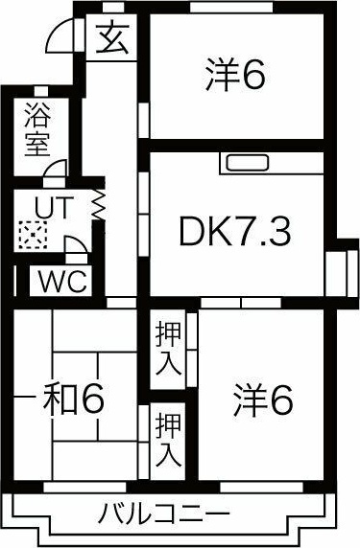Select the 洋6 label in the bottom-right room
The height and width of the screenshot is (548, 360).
click(x=260, y=400)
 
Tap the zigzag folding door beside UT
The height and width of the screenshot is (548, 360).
click(x=97, y=204)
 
